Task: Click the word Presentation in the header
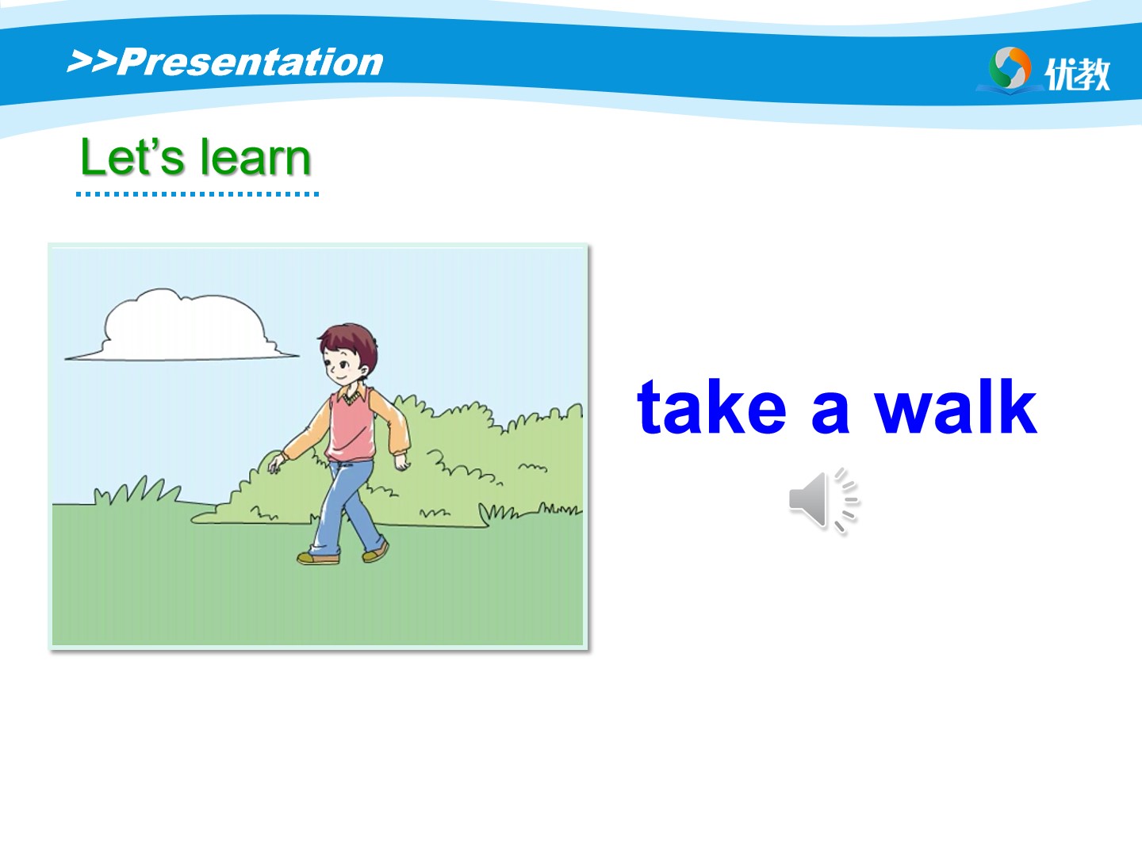pyautogui.click(x=251, y=63)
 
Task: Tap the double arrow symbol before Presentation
pyautogui.click(x=92, y=61)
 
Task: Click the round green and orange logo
pyautogui.click(x=1010, y=68)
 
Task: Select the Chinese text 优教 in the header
pyautogui.click(x=1077, y=74)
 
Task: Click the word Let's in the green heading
pyautogui.click(x=132, y=157)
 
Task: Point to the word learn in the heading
pyautogui.click(x=255, y=157)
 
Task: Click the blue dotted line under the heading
pyautogui.click(x=197, y=194)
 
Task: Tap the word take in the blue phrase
pyautogui.click(x=711, y=407)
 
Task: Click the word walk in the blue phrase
pyautogui.click(x=956, y=407)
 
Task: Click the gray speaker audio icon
pyautogui.click(x=824, y=500)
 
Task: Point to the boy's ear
pyautogui.click(x=363, y=371)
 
